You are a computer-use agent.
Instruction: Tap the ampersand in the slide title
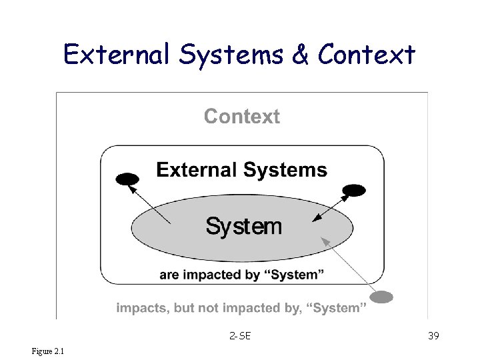coord(301,54)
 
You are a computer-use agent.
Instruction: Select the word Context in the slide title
coord(367,54)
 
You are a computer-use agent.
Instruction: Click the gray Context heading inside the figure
coord(242,117)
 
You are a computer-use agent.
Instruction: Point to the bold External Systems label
coord(241,170)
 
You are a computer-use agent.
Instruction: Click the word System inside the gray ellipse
coord(244,227)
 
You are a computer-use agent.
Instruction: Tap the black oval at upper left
coord(127,179)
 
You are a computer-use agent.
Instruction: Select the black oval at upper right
coord(354,191)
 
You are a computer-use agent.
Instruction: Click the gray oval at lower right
coord(381,297)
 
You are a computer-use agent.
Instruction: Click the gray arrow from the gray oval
coord(347,264)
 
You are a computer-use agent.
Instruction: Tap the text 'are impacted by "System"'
coord(242,275)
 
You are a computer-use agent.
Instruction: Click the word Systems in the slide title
coord(231,54)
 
